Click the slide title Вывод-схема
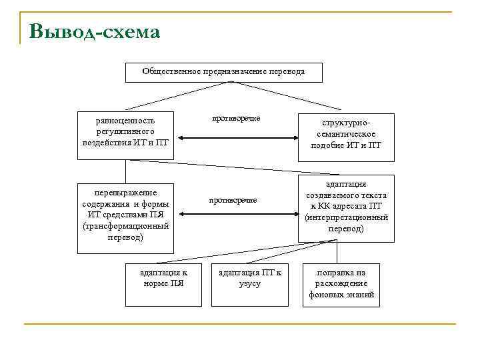point(94,31)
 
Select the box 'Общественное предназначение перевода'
point(223,72)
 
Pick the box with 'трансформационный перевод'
point(125,218)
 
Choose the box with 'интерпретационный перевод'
point(346,207)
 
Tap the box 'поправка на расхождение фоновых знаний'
point(341,285)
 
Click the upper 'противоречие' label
point(235,118)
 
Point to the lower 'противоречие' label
point(233,200)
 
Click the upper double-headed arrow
point(235,139)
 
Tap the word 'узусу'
point(250,283)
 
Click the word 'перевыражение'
point(125,193)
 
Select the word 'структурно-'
point(346,124)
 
